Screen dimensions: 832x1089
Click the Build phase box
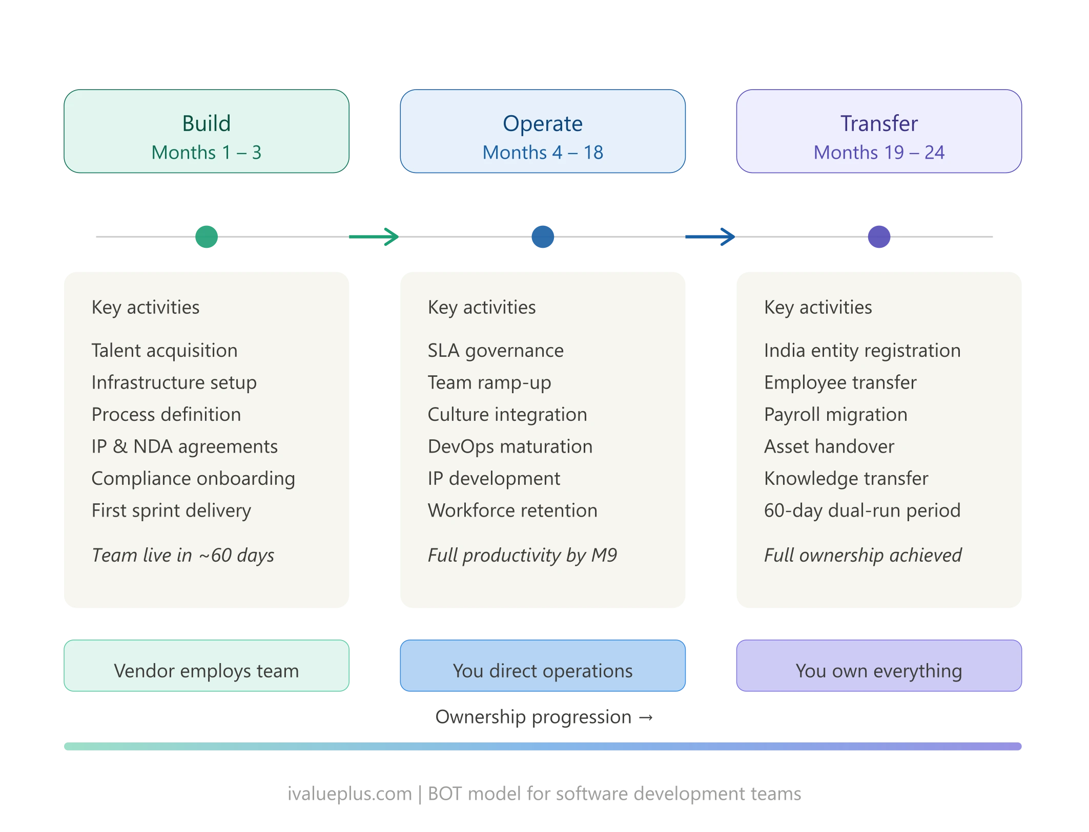tap(206, 131)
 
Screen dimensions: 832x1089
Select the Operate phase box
tap(542, 131)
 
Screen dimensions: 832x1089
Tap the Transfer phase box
tap(878, 131)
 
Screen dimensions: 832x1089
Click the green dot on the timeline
tap(206, 237)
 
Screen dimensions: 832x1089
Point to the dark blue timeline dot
tap(542, 237)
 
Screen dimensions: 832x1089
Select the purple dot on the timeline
tap(878, 237)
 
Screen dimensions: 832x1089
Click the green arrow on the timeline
tap(377, 237)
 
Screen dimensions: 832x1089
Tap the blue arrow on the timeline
tap(712, 237)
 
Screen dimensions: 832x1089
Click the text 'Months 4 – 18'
tap(542, 153)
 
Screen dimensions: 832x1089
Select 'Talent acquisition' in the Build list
tap(164, 351)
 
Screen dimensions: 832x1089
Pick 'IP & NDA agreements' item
tap(184, 446)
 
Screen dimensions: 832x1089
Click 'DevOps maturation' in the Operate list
tap(509, 446)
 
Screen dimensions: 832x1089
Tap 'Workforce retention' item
tap(512, 510)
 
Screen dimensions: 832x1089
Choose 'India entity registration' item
tap(861, 351)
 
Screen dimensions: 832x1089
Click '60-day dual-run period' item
tap(861, 510)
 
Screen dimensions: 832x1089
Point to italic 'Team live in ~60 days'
tap(182, 555)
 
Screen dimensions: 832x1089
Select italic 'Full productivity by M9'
tap(522, 555)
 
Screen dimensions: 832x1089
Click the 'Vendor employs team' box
tap(206, 666)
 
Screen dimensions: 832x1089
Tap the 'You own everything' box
tap(878, 666)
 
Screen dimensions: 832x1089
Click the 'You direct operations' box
tap(542, 666)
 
